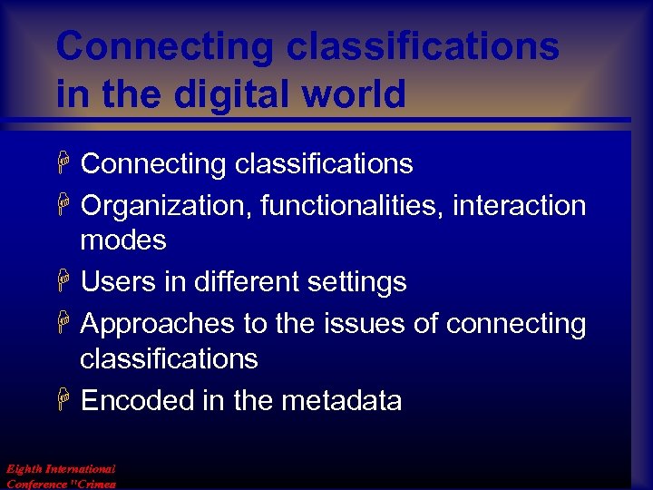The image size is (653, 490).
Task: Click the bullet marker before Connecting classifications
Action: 63,164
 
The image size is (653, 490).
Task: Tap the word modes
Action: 123,240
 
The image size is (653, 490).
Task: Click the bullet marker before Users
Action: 63,282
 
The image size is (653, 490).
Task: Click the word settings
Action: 356,282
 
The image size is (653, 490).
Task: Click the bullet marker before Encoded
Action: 63,401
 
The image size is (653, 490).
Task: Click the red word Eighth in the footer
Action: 24,469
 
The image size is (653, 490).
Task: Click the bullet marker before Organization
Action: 63,206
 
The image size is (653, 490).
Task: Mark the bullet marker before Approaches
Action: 63,324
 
